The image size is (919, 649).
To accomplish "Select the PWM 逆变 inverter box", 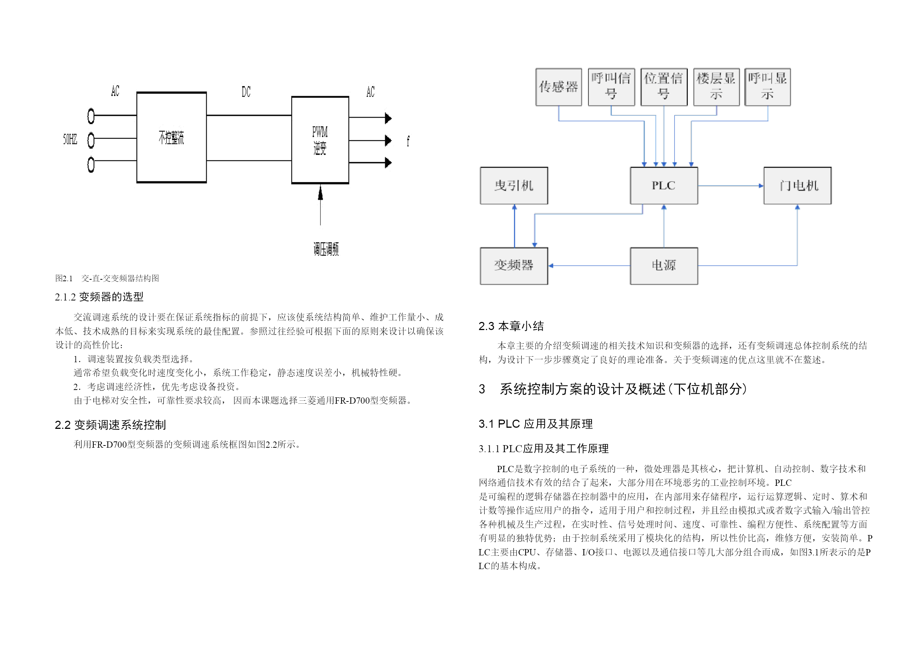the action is [x=320, y=140].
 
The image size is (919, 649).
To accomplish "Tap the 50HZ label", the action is [x=70, y=139].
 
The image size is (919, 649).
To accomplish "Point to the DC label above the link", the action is [x=246, y=91].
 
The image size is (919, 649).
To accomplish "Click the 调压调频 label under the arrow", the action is [x=326, y=249].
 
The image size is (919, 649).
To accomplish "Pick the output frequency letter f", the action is [x=408, y=141].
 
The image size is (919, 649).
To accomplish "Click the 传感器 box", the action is [x=558, y=87].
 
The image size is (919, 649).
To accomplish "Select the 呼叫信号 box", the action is [x=611, y=87].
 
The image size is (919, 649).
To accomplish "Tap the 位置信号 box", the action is [x=664, y=87].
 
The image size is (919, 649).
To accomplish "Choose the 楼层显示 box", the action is [x=716, y=87].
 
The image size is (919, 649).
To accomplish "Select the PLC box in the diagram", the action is [x=664, y=185].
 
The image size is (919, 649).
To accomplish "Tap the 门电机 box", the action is [x=798, y=185].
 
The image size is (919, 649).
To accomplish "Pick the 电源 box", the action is [x=664, y=266].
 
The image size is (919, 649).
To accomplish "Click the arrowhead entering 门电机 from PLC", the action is [x=761, y=185].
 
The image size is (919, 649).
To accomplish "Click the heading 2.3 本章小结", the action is [x=511, y=326].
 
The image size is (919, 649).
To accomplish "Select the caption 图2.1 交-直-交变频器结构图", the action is [x=107, y=278].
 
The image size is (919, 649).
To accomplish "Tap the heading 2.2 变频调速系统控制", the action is [x=110, y=425].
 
